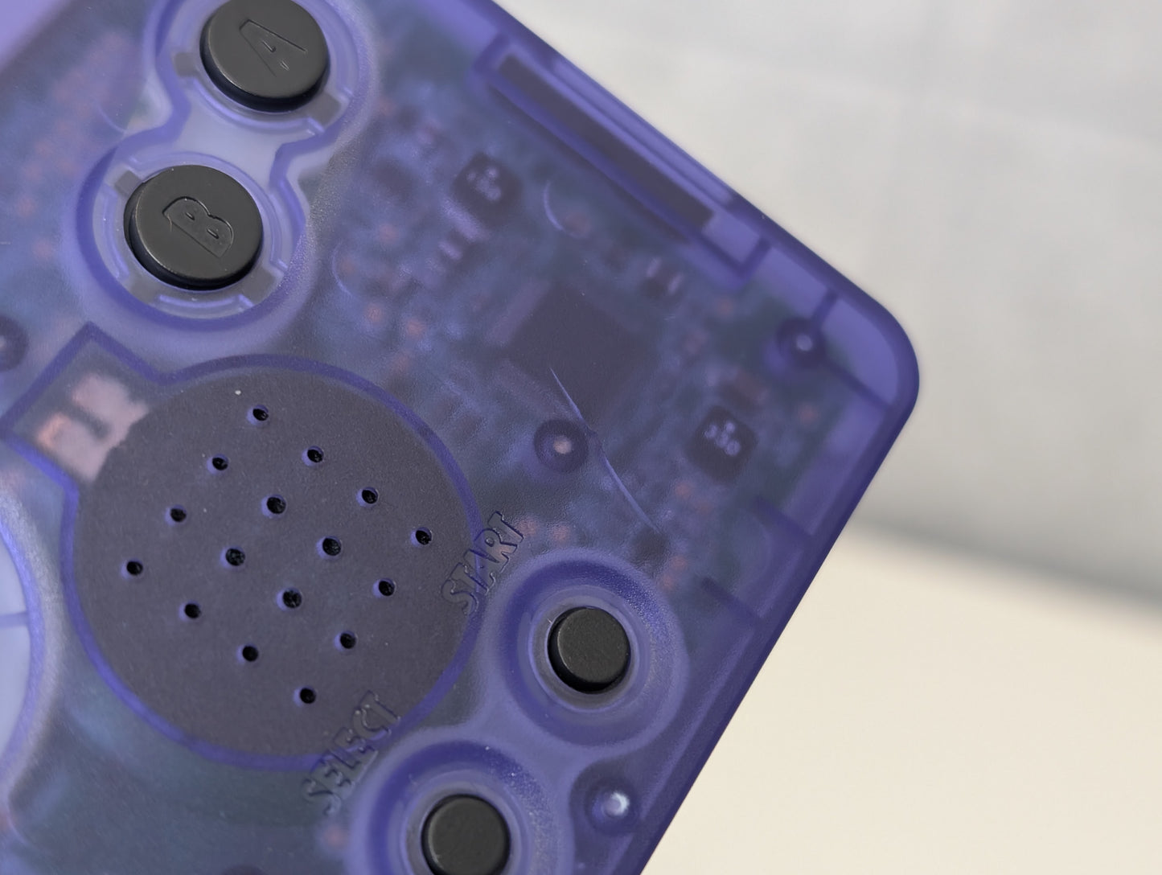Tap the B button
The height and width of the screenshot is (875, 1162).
pos(194,227)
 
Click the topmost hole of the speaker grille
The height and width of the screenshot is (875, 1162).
pos(260,414)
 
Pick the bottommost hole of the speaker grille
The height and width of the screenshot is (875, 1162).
pos(307,695)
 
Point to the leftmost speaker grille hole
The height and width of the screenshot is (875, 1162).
pos(134,568)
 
